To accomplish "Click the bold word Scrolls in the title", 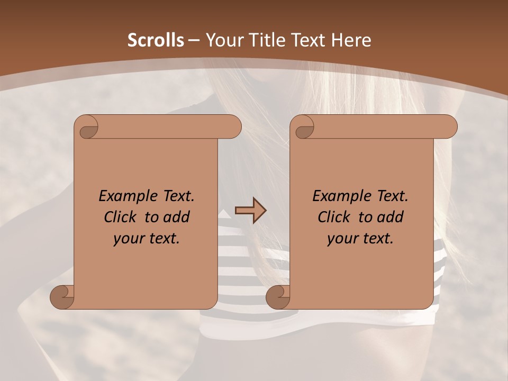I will [x=156, y=40].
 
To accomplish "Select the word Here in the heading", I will [x=351, y=40].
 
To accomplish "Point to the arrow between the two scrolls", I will [x=250, y=210].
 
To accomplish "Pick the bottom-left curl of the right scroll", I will [x=278, y=297].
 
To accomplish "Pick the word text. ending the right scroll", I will [x=377, y=239].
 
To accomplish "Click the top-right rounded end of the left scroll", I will [x=233, y=127].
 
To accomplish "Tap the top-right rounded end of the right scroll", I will [x=449, y=127].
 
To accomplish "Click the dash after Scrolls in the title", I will [x=194, y=40].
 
